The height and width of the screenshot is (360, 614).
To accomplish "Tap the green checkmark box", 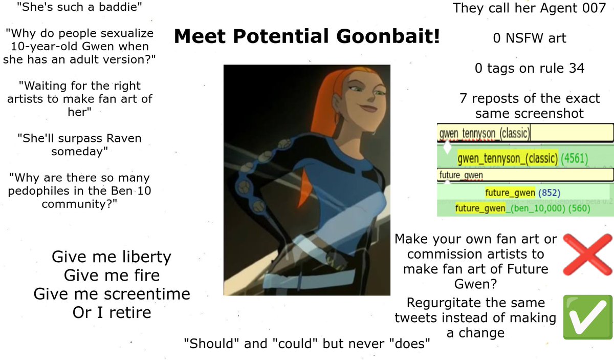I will [587, 316].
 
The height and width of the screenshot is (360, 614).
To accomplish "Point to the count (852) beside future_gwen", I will [550, 193].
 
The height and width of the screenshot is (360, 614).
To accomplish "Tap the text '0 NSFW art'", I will [530, 38].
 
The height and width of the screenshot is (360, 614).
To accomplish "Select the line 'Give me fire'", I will [112, 276].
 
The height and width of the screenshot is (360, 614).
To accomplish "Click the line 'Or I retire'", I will [112, 312].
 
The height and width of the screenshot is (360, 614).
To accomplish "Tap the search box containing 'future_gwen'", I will [525, 175].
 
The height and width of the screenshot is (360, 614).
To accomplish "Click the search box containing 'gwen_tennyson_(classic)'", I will [525, 134].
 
